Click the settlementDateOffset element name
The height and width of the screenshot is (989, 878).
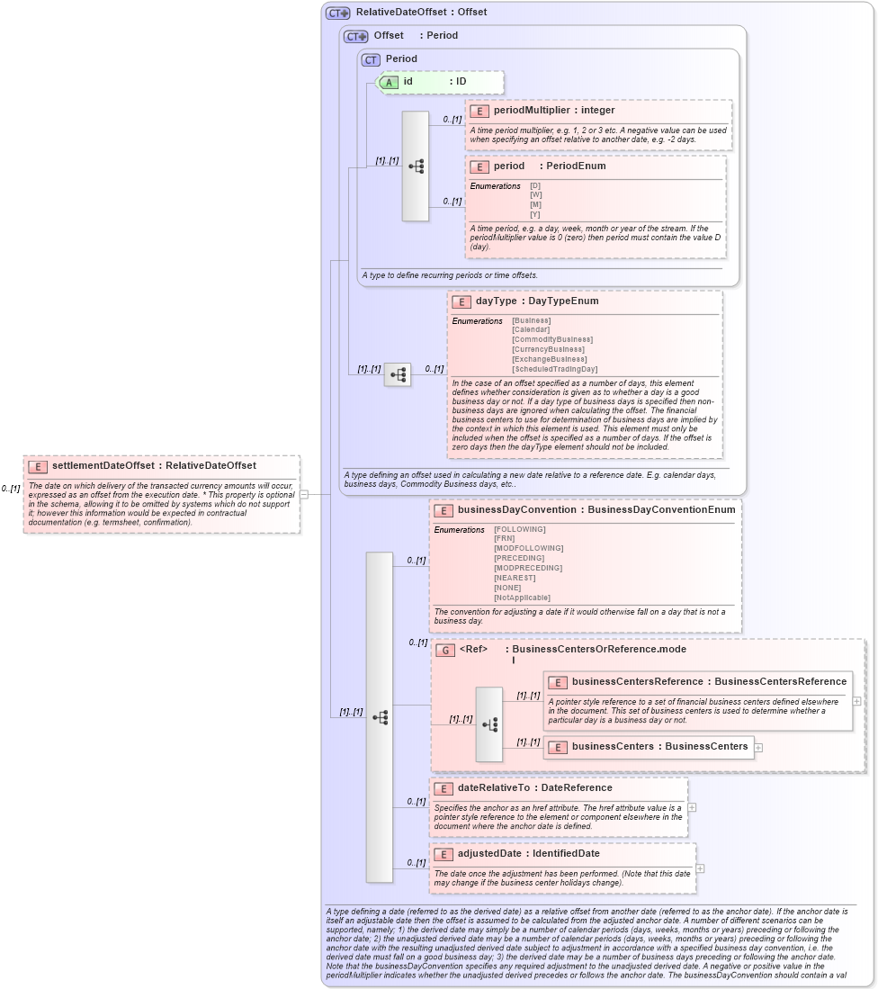pos(103,465)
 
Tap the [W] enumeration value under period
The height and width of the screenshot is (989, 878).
pos(535,194)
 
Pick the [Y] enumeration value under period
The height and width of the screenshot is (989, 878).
pos(535,214)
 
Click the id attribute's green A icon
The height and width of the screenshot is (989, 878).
pos(389,82)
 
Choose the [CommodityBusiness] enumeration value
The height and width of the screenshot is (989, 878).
pos(551,339)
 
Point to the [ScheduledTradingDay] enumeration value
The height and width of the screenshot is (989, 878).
pos(554,369)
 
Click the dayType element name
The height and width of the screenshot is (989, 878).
pos(496,301)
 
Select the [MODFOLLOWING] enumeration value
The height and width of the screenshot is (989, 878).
pos(528,548)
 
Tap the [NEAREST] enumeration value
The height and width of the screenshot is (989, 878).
pos(515,578)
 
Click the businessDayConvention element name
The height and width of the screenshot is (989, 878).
pos(515,510)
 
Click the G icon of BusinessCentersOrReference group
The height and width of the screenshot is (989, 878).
pos(444,650)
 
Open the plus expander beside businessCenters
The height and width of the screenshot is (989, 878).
pos(759,747)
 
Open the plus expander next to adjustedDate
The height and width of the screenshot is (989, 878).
pos(700,868)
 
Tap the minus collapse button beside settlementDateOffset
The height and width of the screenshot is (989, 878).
pos(304,494)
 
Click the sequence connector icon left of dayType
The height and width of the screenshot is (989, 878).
pos(397,374)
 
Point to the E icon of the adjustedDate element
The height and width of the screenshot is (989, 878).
pos(443,854)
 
